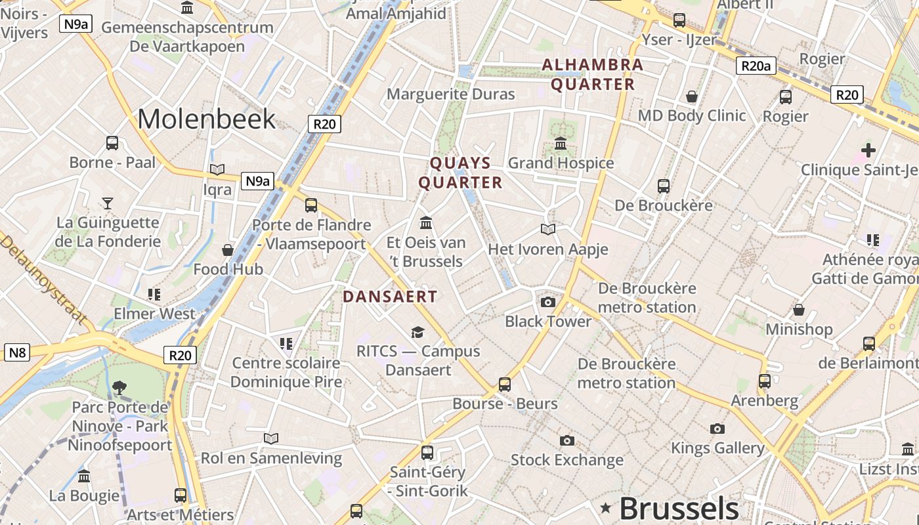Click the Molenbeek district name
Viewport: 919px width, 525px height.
click(x=206, y=119)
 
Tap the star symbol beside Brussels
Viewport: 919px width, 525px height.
click(x=605, y=507)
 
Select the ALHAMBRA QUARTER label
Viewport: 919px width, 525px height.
click(x=593, y=74)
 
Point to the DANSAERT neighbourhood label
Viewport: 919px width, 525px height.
click(x=390, y=297)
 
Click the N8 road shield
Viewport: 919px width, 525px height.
click(x=17, y=352)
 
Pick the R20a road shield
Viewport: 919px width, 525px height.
click(x=756, y=66)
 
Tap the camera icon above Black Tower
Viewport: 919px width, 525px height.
click(x=547, y=303)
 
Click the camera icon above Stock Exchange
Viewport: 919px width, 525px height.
click(x=566, y=440)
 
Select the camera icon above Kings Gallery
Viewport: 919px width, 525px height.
click(x=717, y=429)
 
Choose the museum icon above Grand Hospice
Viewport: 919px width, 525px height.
click(x=561, y=143)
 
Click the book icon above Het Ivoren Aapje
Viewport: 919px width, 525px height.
click(x=547, y=230)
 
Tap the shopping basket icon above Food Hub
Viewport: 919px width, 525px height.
click(x=227, y=250)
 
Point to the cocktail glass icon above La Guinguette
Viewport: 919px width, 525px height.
click(x=108, y=203)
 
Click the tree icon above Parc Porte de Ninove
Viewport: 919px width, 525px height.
click(x=119, y=388)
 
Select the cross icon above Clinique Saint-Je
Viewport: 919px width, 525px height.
click(x=868, y=150)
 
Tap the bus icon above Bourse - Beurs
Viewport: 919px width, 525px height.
click(x=504, y=385)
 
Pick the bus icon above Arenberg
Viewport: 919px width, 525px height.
click(x=764, y=381)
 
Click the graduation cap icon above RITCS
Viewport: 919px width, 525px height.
click(x=417, y=332)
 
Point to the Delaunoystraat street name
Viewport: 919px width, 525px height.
click(x=42, y=278)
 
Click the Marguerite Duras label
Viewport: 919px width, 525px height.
click(x=450, y=94)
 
